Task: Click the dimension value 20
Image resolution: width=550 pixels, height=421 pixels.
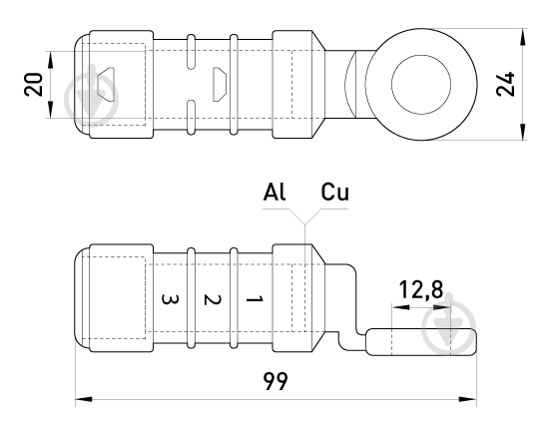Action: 33,85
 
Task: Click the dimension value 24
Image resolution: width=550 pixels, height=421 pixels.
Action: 505,84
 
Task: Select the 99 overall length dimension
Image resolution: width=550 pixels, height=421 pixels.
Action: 275,381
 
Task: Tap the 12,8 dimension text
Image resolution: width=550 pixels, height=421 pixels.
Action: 421,290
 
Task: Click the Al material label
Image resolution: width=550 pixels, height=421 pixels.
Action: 275,192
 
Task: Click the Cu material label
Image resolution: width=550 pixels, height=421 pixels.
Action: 335,192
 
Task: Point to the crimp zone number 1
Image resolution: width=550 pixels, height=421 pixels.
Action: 255,299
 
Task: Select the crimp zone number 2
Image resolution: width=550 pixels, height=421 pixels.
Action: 213,299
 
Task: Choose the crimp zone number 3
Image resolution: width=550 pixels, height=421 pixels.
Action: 170,299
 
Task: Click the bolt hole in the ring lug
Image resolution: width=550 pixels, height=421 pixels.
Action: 421,85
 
